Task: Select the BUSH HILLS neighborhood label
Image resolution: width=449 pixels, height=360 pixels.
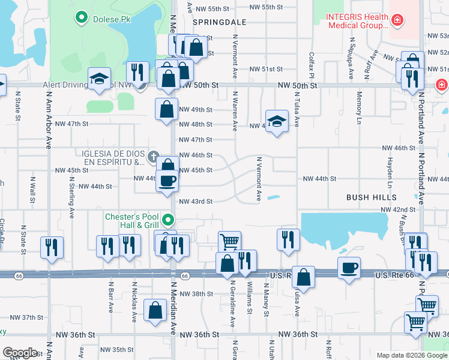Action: pos(371,197)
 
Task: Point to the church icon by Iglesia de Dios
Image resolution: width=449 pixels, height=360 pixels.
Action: pos(154,158)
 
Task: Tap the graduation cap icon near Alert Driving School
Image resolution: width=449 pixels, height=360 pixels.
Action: pos(99,79)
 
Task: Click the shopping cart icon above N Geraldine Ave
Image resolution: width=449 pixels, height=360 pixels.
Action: pos(229,242)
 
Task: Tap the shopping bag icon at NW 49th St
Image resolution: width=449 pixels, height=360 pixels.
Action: pos(166,109)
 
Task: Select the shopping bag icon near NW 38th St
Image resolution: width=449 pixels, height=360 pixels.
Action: pos(155,311)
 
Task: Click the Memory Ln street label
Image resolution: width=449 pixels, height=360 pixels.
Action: pos(359,103)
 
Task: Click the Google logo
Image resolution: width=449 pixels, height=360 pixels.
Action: pos(20,353)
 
